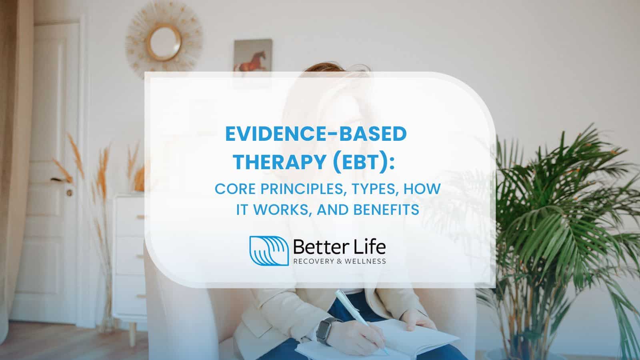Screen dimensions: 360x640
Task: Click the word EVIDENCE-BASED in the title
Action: [x=316, y=134]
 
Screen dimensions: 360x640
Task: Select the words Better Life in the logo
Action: [x=340, y=247]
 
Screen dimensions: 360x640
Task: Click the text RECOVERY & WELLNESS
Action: [x=340, y=261]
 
